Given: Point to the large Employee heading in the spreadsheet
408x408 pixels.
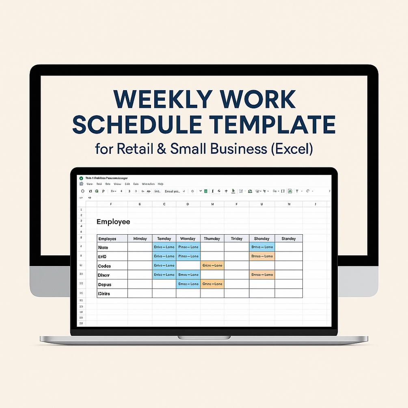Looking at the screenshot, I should point(113,222).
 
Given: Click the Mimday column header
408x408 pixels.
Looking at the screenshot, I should point(140,239).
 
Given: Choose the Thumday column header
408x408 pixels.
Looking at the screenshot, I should point(212,239).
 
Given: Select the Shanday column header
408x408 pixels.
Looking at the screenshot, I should point(262,239).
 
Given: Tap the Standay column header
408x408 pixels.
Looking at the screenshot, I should point(288,239).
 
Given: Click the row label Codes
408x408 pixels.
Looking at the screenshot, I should point(104,266).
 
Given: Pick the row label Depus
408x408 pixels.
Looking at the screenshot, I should point(104,284).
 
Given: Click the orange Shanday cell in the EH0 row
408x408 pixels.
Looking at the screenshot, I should point(262,256).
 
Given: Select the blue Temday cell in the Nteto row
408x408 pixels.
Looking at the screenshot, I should point(164,247).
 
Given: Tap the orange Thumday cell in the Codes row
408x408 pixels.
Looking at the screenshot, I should point(212,266).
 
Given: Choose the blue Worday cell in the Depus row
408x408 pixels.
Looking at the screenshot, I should point(188,284).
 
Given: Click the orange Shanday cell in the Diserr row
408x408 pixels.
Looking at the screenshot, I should point(262,275).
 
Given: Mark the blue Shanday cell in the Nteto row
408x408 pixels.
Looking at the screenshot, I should point(262,247).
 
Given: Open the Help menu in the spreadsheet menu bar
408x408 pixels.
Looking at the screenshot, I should point(160,184).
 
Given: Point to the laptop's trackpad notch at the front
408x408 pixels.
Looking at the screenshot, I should point(204,337).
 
